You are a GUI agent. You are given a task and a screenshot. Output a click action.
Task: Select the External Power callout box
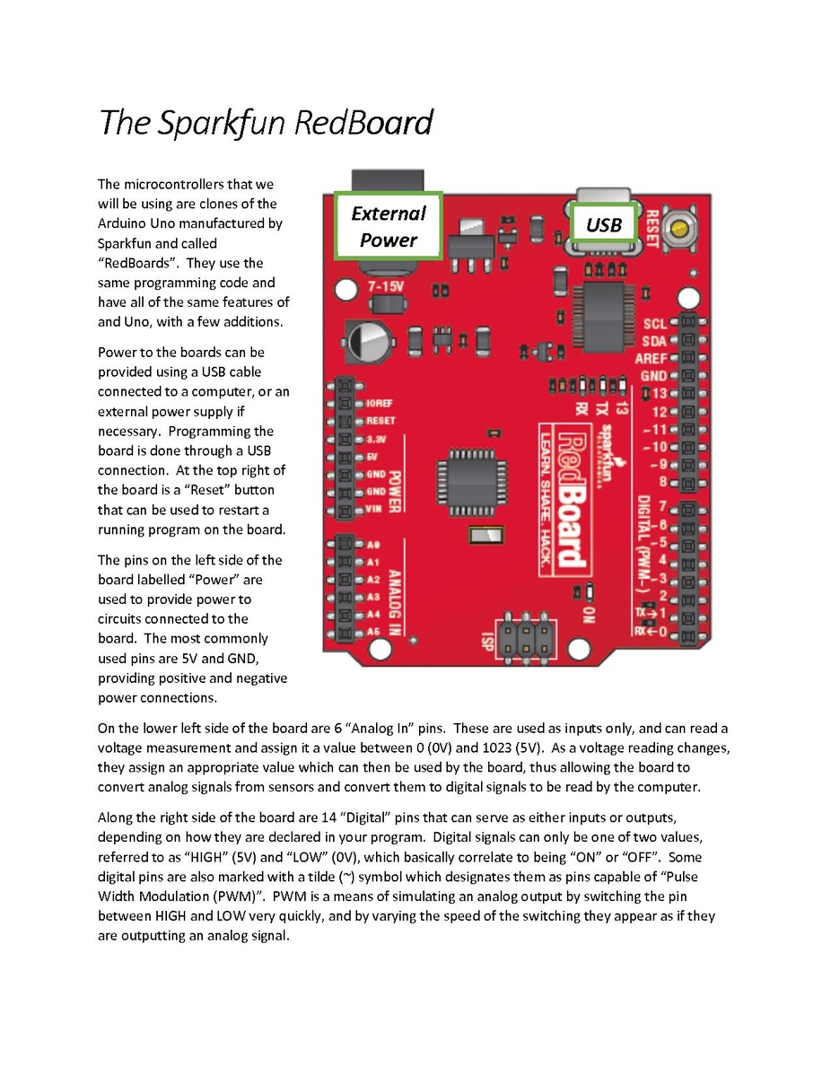pos(388,226)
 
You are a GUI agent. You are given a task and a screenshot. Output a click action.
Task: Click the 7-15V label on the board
pos(386,286)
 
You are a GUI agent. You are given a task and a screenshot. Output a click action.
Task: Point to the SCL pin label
pos(655,323)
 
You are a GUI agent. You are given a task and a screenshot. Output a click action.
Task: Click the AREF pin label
pos(651,358)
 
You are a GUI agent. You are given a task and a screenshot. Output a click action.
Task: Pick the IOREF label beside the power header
pos(380,403)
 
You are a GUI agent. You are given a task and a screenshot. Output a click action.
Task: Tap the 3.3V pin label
pos(376,439)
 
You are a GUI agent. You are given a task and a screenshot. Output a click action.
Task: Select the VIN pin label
pos(373,510)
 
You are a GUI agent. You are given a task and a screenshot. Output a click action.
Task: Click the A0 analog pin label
pos(373,545)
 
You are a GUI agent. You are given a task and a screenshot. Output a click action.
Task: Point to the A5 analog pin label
pos(373,632)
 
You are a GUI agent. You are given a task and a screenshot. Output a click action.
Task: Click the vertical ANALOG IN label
pos(395,602)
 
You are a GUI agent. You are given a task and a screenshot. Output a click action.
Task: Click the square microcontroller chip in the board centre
pos(472,480)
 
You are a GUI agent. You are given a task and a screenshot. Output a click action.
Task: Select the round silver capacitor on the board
pos(368,341)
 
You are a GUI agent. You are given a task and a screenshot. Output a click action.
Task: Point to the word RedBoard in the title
pos(363,123)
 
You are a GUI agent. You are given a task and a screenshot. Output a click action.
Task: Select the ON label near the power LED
pos(588,615)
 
